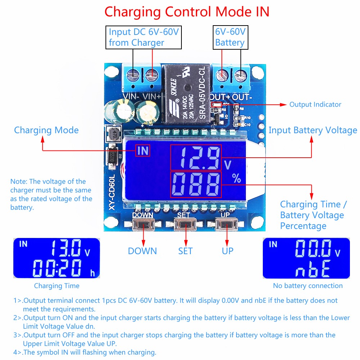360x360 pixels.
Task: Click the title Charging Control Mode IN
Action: (x=186, y=12)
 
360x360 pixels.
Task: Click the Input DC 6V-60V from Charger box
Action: (x=144, y=37)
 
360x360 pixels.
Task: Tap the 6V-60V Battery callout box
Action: (x=230, y=37)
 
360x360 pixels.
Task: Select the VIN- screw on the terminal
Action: (x=134, y=75)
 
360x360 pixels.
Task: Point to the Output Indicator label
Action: (x=315, y=104)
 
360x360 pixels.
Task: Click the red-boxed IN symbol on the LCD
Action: (x=143, y=150)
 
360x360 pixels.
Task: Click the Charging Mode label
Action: (x=46, y=130)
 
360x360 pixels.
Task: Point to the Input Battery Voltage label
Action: (x=312, y=130)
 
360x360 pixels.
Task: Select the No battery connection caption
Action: (x=307, y=286)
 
